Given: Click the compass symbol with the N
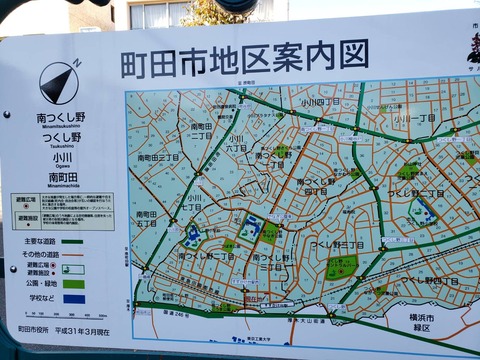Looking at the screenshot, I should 59,82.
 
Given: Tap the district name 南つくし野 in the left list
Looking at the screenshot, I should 59,117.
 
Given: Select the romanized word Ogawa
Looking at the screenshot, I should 62,167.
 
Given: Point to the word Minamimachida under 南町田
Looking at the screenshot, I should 62,186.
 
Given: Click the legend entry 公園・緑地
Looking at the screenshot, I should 39,284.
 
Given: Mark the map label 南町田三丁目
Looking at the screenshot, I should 158,158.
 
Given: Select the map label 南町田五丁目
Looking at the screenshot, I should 146,219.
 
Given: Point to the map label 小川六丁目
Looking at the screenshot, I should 236,145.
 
